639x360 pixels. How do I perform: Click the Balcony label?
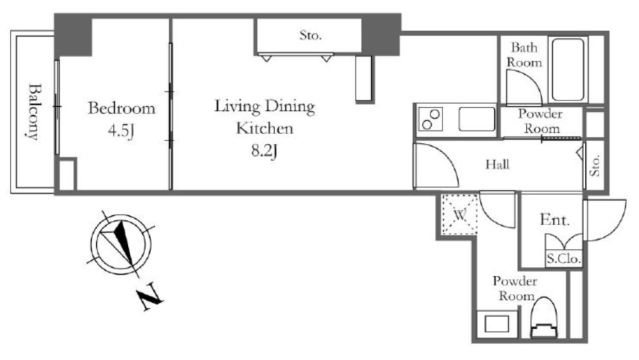click(35, 112)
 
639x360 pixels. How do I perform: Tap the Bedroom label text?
click(122, 109)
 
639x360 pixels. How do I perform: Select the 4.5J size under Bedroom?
click(120, 131)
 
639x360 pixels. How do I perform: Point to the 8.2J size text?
click(264, 151)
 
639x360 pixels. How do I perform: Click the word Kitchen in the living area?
click(265, 129)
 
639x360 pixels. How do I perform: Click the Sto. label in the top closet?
click(311, 36)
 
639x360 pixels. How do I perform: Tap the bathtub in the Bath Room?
click(568, 69)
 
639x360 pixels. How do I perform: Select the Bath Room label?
click(524, 55)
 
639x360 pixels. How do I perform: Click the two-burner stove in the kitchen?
click(431, 119)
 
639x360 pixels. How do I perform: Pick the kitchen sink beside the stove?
click(477, 119)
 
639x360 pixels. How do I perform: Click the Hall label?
click(497, 165)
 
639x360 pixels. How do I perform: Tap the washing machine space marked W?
click(460, 215)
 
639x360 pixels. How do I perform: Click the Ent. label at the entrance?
click(554, 220)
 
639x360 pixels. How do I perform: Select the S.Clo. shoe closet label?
click(563, 258)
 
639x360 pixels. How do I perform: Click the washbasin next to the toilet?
click(497, 324)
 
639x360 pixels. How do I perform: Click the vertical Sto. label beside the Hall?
click(595, 165)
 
